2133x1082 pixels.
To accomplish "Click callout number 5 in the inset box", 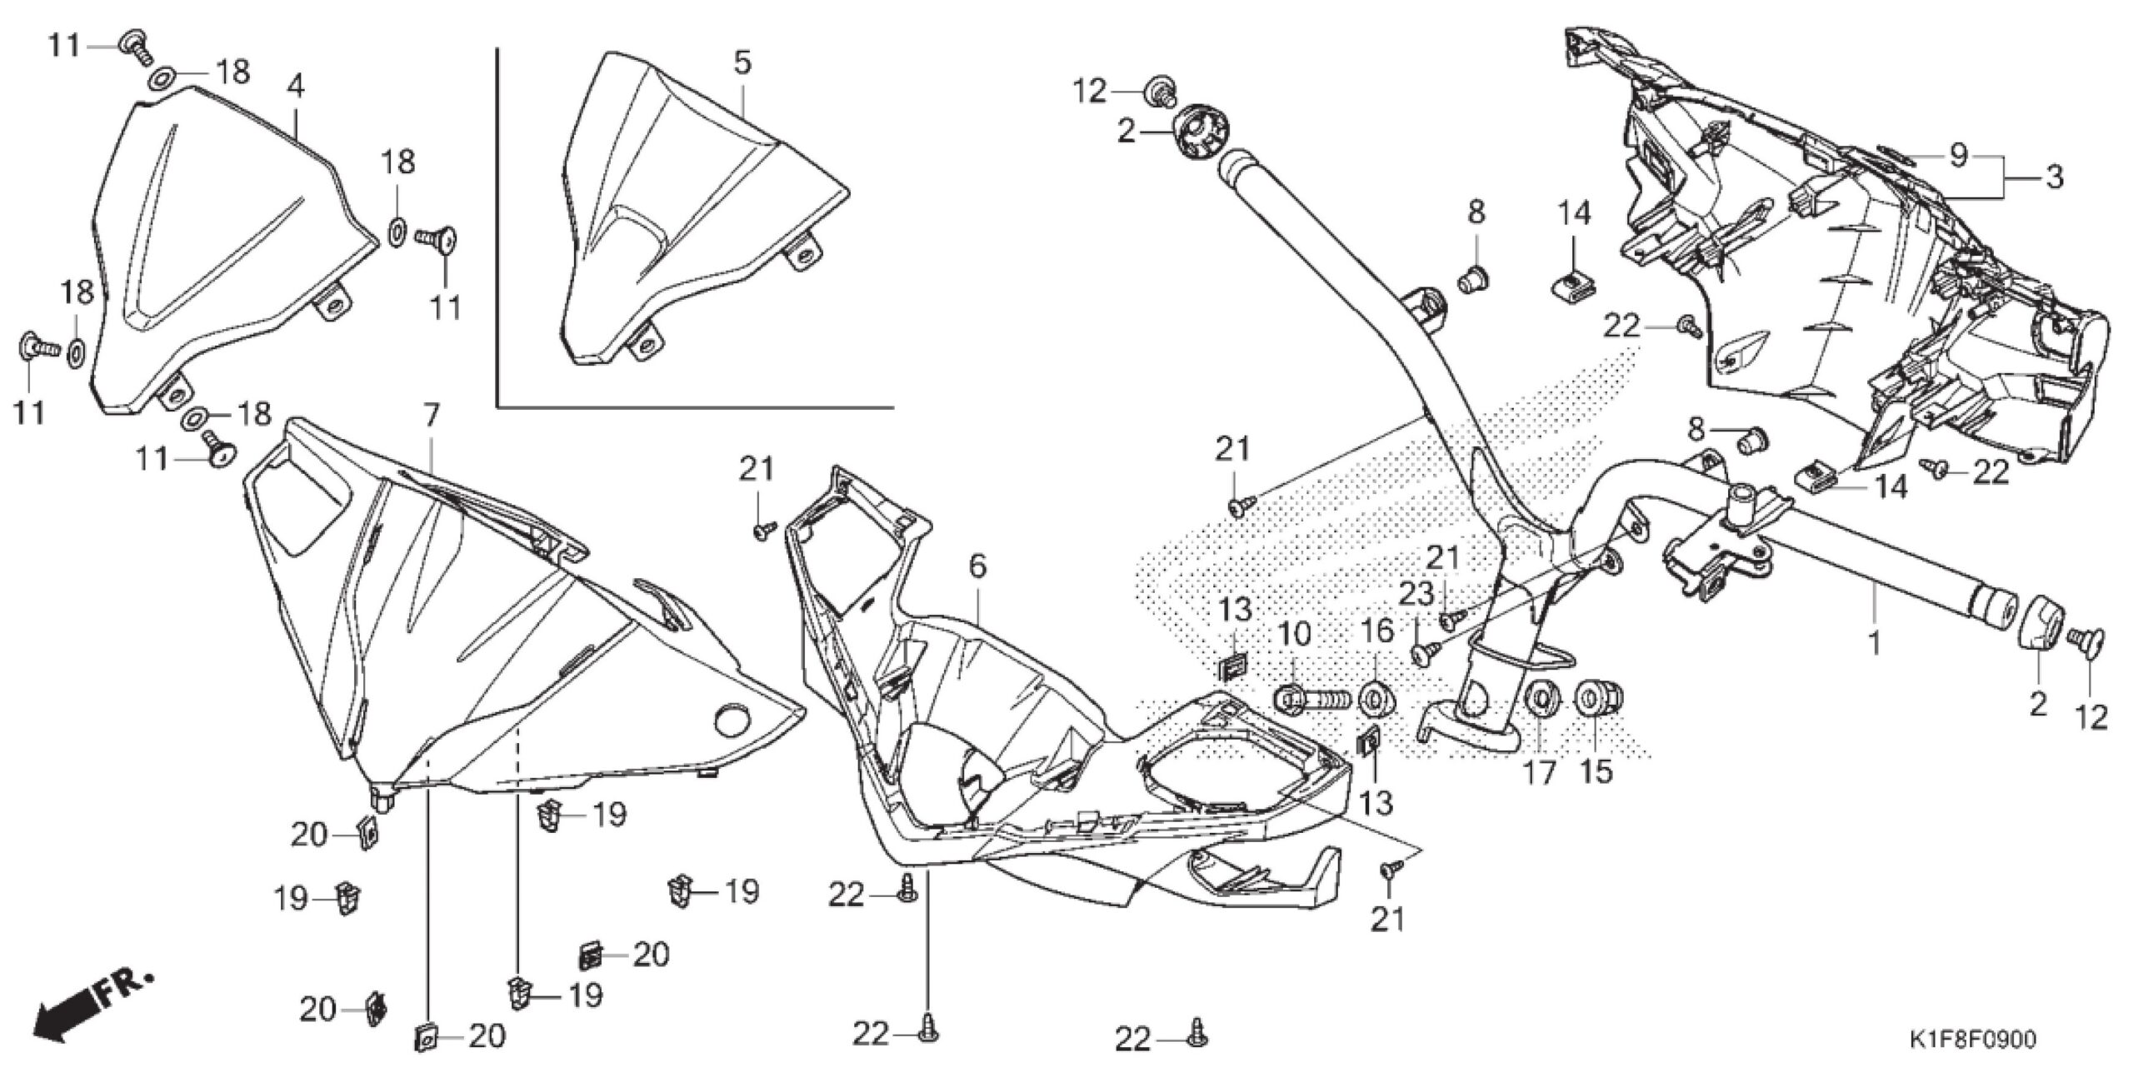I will point(742,63).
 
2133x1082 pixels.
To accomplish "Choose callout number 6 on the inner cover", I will point(977,567).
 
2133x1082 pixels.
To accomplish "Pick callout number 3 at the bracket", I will point(2056,177).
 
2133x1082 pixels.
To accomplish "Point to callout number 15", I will point(1596,772).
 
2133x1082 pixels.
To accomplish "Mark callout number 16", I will point(1377,631).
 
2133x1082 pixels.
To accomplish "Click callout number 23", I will point(1416,595).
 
